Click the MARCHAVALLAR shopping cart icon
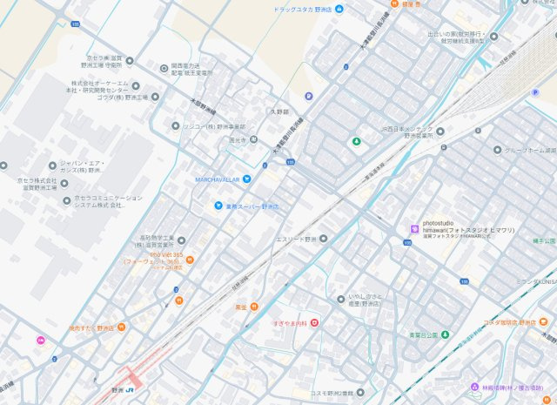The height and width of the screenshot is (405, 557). pyautogui.click(x=247, y=179)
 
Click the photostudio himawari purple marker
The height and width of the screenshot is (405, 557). pyautogui.click(x=413, y=229)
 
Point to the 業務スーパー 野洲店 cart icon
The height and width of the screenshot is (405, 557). pyautogui.click(x=218, y=206)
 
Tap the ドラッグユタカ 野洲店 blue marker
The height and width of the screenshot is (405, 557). pyautogui.click(x=339, y=9)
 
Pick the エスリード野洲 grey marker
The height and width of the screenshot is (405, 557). pyautogui.click(x=321, y=238)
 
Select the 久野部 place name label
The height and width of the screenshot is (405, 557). pyautogui.click(x=278, y=111)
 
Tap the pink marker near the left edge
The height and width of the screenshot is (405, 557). pyautogui.click(x=39, y=340)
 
